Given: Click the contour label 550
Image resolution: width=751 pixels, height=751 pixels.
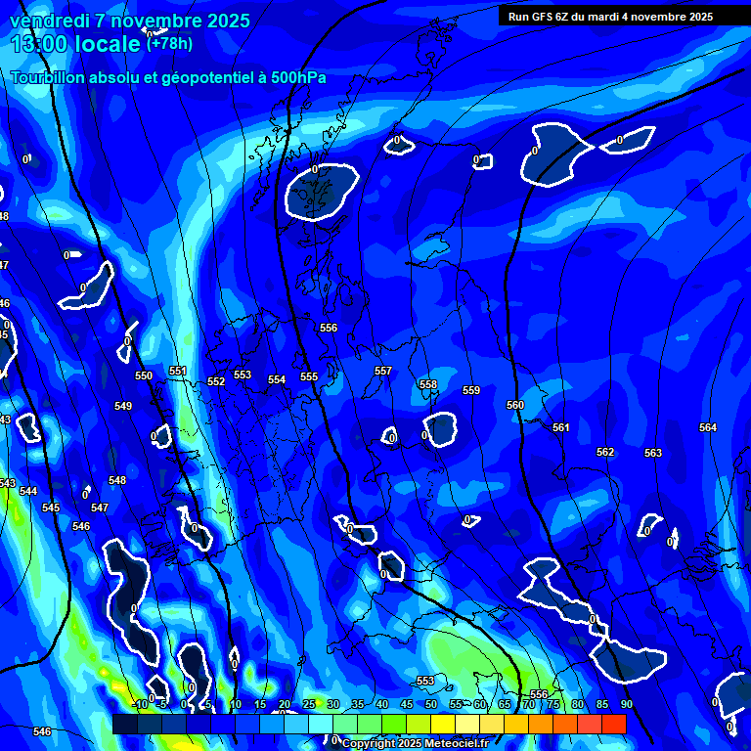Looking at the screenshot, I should [x=144, y=375].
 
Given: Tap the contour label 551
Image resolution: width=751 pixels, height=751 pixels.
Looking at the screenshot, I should [x=177, y=371].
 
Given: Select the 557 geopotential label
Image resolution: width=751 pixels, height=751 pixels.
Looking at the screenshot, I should [x=383, y=371].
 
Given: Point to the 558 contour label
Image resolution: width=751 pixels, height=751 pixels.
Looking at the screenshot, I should [x=428, y=384].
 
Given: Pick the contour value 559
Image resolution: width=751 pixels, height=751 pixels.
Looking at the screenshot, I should [x=471, y=390].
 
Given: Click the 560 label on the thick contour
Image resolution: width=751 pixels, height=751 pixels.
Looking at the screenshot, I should [x=515, y=405].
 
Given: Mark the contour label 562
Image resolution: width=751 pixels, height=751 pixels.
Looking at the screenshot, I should [x=605, y=452].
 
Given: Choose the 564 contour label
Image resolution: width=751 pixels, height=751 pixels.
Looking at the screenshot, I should [x=708, y=427].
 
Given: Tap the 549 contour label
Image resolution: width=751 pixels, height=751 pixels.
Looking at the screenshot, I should [x=123, y=406].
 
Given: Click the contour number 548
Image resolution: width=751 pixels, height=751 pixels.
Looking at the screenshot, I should [x=117, y=480].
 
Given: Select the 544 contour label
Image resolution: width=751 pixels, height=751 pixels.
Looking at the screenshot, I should [x=28, y=491].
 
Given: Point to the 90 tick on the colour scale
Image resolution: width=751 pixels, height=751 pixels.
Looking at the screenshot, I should [x=626, y=704].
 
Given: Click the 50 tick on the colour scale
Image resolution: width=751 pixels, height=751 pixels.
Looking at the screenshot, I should [x=431, y=704].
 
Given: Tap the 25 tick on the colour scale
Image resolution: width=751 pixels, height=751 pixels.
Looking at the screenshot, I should [x=309, y=704].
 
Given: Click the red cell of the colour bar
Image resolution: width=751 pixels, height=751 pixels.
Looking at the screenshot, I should [x=613, y=724].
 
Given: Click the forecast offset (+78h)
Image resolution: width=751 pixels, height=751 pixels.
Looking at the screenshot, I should [x=169, y=43].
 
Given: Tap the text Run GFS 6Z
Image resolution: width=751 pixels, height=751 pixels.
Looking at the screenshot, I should [x=544, y=16].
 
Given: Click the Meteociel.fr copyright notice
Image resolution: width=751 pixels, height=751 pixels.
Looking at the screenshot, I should [x=415, y=743].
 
